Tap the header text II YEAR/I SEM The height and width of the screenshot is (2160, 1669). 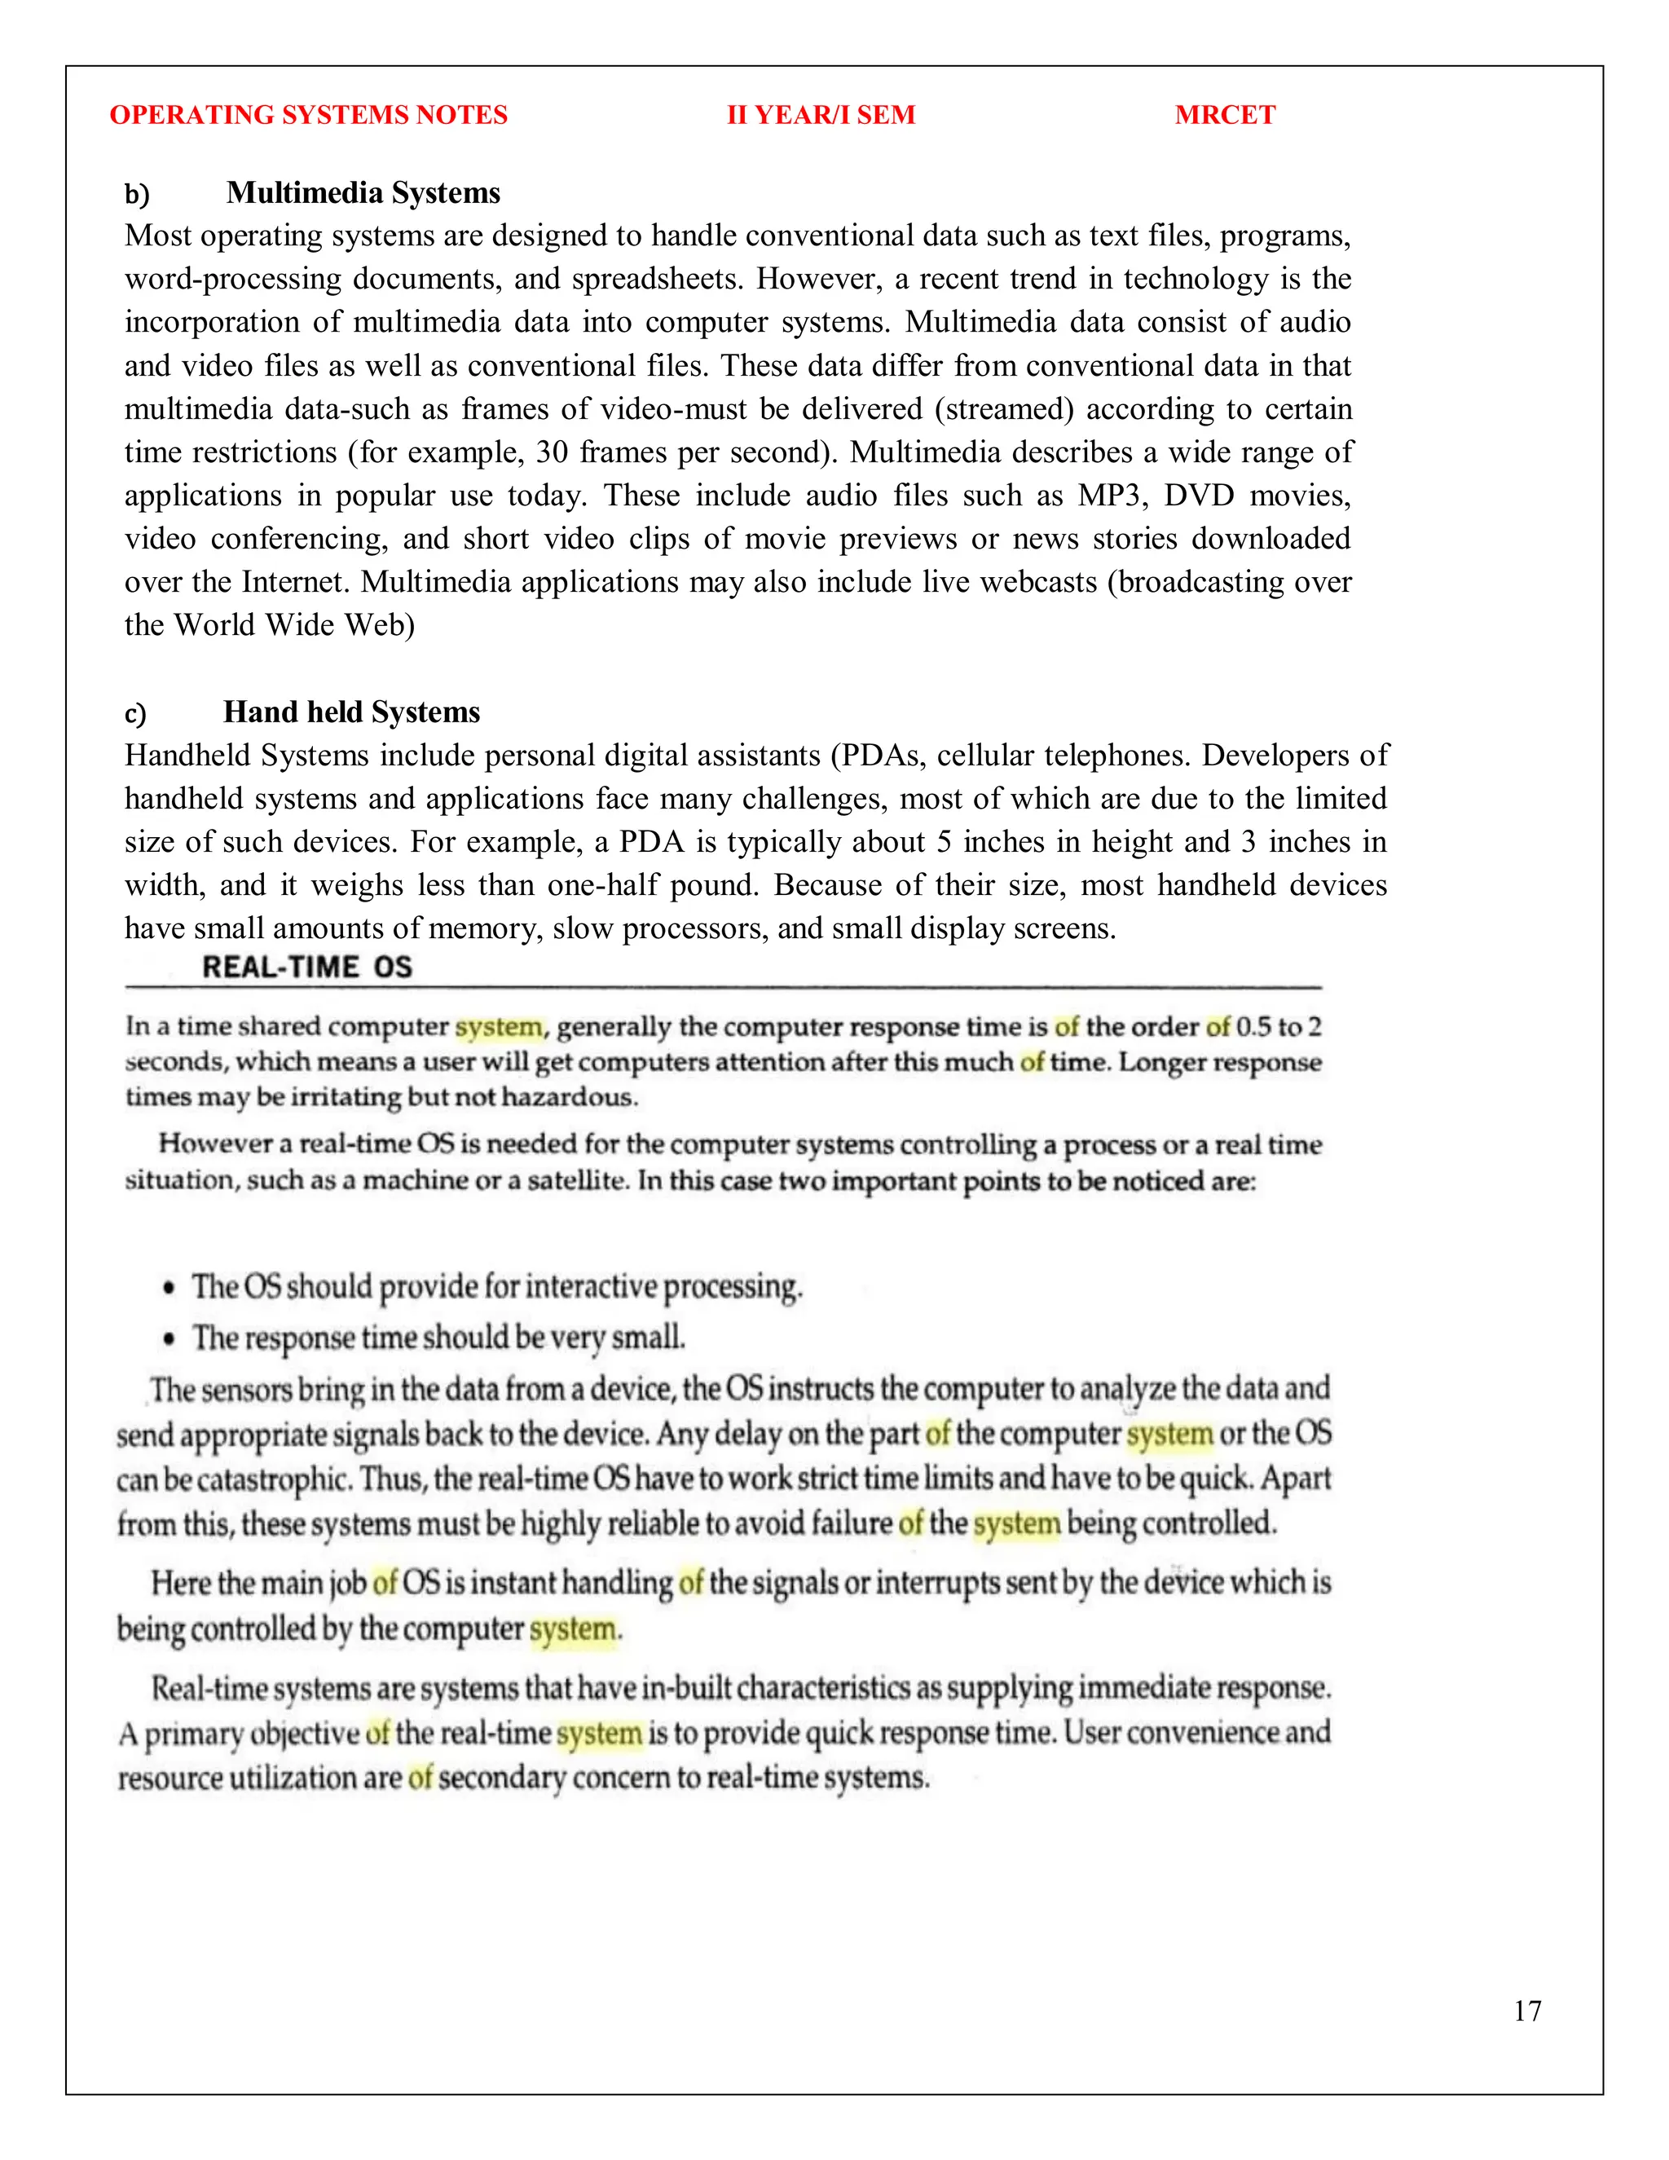(x=821, y=115)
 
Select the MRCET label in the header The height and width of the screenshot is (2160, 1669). (x=1224, y=115)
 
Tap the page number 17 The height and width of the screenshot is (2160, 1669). (x=1526, y=2011)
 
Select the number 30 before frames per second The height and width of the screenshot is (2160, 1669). (x=552, y=452)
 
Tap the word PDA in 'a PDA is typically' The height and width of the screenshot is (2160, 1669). (x=652, y=842)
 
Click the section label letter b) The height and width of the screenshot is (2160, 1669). (x=136, y=194)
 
